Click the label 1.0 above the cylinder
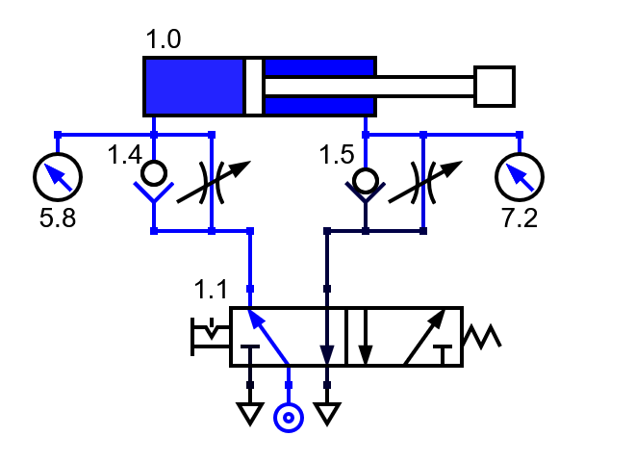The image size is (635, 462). pos(163,40)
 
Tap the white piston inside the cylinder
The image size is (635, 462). pos(254,87)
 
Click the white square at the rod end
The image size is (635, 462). pos(495,87)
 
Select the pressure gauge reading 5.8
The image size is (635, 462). pos(58,176)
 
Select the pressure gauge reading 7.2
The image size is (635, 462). pos(519,176)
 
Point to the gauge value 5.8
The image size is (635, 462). pos(58,218)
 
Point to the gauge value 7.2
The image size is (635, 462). pos(520,218)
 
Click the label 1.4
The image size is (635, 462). pos(125,155)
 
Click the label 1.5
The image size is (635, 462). pos(337,155)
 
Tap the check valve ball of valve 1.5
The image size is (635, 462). pos(365,180)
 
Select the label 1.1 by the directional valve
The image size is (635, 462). pos(211,289)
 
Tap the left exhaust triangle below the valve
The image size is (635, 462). pos(250,414)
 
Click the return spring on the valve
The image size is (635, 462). pos(481,337)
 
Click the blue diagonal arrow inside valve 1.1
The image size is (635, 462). pos(267,336)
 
